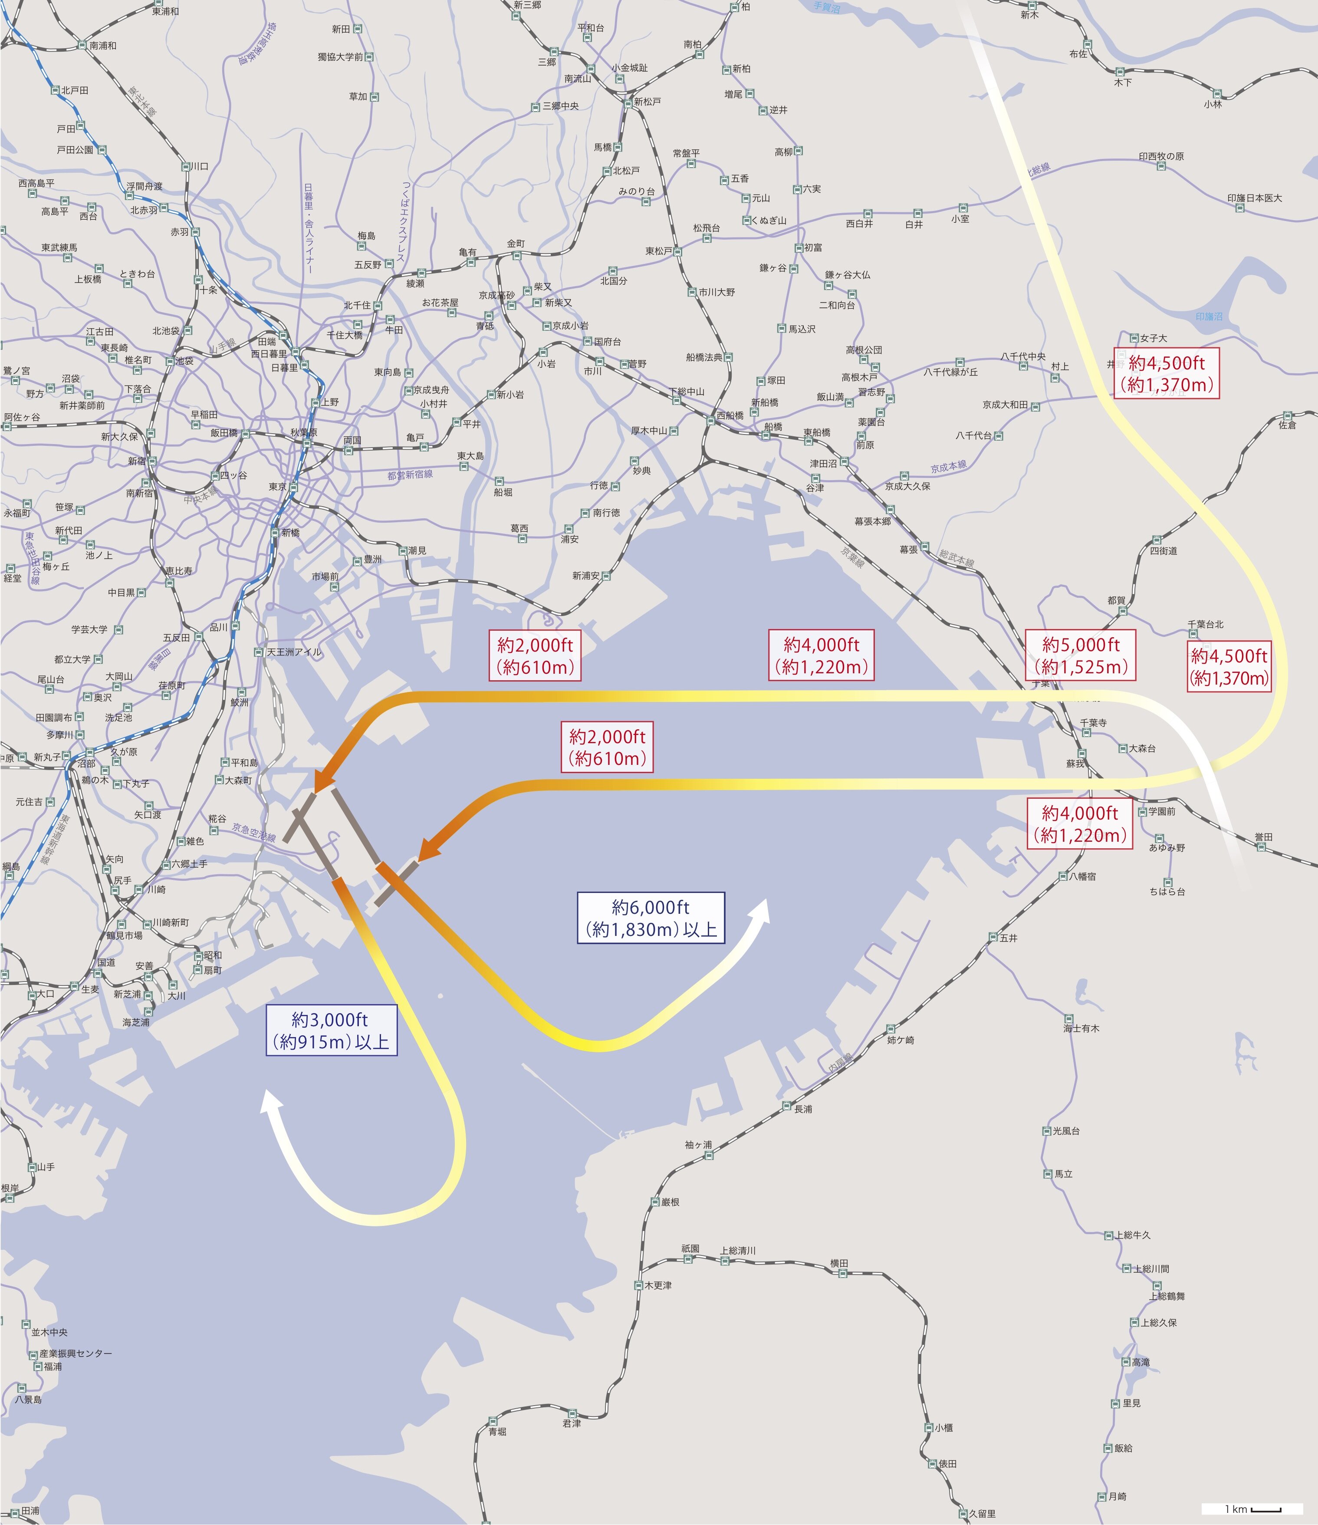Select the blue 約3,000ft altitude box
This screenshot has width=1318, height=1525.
click(331, 1031)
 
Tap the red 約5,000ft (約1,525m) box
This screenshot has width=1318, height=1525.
click(1080, 655)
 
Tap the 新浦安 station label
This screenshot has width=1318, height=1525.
click(586, 576)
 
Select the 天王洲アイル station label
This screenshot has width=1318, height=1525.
click(294, 652)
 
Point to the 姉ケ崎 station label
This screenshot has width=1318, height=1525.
click(901, 1040)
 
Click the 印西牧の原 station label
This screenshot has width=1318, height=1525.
click(1161, 156)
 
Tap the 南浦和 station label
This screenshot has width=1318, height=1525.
click(103, 46)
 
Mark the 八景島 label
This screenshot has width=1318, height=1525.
click(28, 1399)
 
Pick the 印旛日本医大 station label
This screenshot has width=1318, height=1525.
click(1254, 198)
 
